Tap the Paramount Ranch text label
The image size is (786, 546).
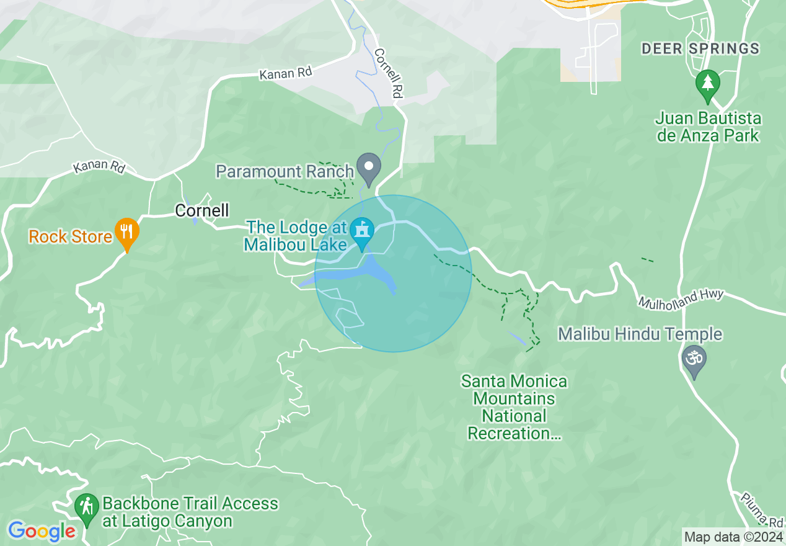pos(285,171)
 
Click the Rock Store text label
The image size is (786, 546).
pos(71,236)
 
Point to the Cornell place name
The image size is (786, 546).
pos(202,210)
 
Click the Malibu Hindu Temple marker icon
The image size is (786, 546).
pos(694,360)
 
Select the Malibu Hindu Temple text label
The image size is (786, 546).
pos(640,334)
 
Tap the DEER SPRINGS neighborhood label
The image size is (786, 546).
pos(700,48)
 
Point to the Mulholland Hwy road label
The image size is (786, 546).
pos(681,298)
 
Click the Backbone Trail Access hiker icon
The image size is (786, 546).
pos(86,508)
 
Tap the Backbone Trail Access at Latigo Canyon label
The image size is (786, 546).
pos(190,512)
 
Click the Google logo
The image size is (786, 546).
pos(42,531)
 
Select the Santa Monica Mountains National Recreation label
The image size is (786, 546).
pos(514,407)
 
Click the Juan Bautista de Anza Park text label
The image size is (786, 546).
pos(708,127)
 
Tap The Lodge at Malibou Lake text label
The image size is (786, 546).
pos(296,236)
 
